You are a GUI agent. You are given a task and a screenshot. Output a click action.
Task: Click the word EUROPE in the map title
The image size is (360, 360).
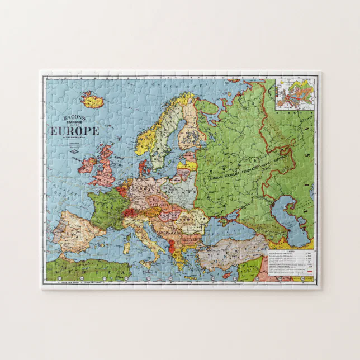pyautogui.click(x=75, y=131)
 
